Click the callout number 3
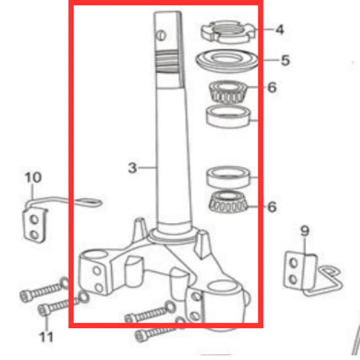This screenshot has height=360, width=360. point(132,168)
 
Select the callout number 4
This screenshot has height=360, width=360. point(280,30)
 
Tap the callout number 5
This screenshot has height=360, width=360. point(285,60)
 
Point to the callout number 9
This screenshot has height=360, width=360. point(305,231)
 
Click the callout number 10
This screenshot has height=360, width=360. point(33,177)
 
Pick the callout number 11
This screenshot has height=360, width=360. point(46,337)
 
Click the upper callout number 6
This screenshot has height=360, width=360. point(272,87)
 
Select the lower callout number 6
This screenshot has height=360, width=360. point(272,207)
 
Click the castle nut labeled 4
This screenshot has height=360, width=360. point(228,32)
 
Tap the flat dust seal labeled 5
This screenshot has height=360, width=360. point(227,61)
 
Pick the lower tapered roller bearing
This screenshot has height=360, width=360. point(228,202)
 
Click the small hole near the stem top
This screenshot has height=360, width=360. point(161,36)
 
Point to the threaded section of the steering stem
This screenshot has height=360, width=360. point(167,61)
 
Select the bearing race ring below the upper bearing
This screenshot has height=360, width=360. point(229,116)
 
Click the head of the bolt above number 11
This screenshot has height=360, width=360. point(43,310)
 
